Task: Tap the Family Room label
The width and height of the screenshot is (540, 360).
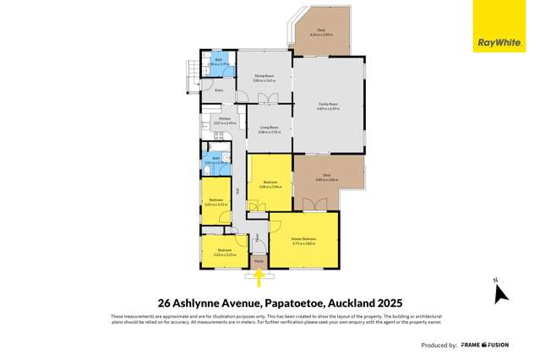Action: (328, 104)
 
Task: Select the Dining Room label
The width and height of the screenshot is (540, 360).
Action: (264, 75)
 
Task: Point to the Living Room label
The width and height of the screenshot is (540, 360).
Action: (269, 130)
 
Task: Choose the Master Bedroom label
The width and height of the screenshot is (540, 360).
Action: (303, 242)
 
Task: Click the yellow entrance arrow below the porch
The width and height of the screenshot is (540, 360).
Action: (259, 277)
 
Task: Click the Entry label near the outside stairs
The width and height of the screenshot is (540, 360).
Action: (219, 89)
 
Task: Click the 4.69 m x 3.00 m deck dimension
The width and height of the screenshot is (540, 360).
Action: (326, 181)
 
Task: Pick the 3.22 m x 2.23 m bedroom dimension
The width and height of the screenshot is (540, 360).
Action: (225, 253)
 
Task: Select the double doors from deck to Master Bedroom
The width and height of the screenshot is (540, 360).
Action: (315, 205)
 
